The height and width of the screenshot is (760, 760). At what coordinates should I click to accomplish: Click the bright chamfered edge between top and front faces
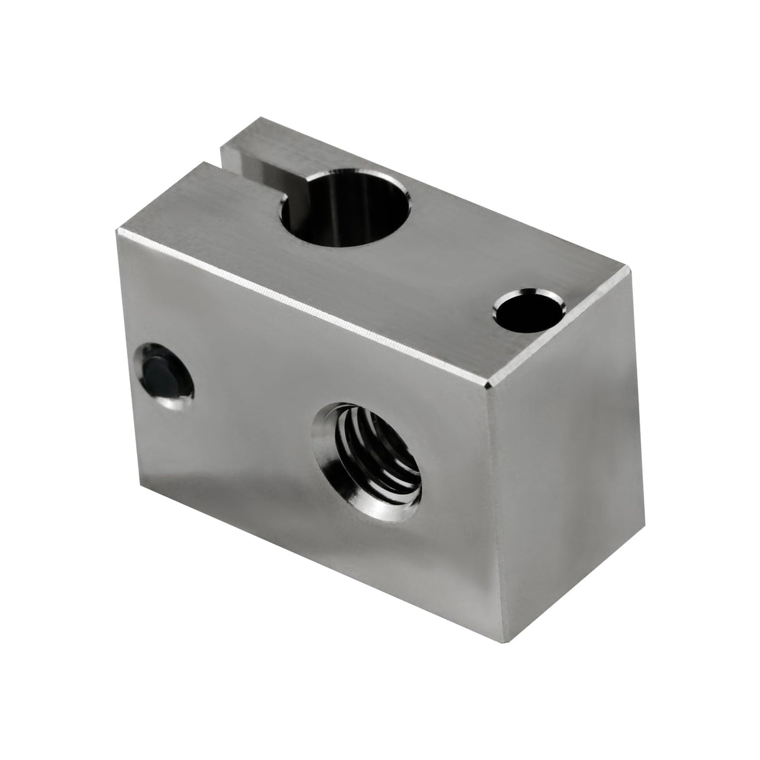(300, 304)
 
